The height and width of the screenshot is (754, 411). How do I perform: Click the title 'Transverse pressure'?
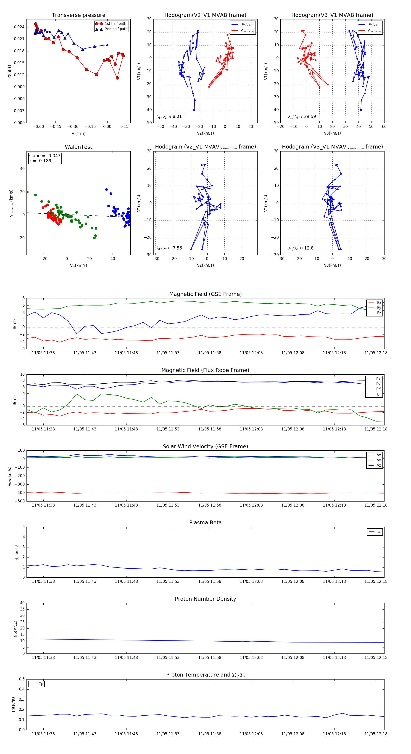pyautogui.click(x=78, y=15)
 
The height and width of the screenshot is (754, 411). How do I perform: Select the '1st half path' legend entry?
pyautogui.click(x=115, y=24)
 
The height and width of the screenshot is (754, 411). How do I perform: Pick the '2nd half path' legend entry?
pyautogui.click(x=116, y=29)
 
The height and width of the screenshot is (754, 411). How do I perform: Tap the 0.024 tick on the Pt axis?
pyautogui.click(x=19, y=27)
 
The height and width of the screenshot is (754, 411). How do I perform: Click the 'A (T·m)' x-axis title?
pyautogui.click(x=78, y=133)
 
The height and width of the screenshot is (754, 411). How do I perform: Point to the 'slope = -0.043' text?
pyautogui.click(x=45, y=156)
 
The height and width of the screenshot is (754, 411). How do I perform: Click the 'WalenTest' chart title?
pyautogui.click(x=78, y=147)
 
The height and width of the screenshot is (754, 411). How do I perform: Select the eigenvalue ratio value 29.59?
pyautogui.click(x=310, y=117)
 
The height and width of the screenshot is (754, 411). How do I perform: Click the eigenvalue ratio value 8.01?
pyautogui.click(x=177, y=117)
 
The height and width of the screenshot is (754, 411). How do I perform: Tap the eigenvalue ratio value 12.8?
pyautogui.click(x=309, y=248)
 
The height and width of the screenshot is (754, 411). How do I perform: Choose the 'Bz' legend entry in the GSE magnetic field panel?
pyautogui.click(x=379, y=313)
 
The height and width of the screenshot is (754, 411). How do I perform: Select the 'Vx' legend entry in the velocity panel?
pyautogui.click(x=379, y=455)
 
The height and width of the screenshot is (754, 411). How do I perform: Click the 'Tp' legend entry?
pyautogui.click(x=41, y=684)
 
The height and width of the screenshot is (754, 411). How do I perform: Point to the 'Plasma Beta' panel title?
pyautogui.click(x=205, y=523)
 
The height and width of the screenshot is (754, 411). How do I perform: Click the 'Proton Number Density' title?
pyautogui.click(x=205, y=599)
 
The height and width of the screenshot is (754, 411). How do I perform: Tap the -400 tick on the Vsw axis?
pyautogui.click(x=20, y=493)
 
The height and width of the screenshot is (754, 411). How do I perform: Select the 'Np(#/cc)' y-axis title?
pyautogui.click(x=16, y=629)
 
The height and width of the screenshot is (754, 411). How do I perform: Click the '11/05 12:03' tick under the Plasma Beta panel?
pyautogui.click(x=251, y=581)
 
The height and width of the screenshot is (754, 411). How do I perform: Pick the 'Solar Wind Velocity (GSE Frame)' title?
pyautogui.click(x=205, y=446)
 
